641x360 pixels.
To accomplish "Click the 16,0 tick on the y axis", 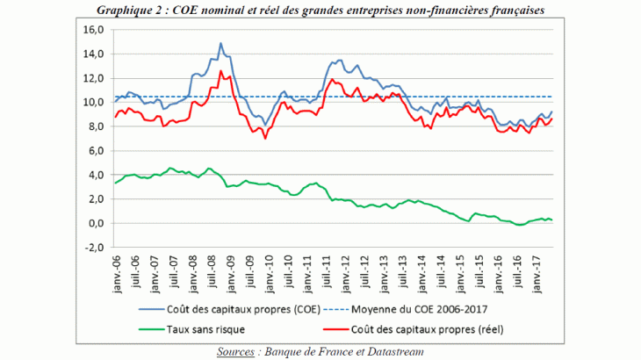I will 93,29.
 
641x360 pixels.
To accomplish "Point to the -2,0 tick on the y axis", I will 94,248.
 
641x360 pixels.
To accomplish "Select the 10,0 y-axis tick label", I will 93,102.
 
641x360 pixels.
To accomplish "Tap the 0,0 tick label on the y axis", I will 95,223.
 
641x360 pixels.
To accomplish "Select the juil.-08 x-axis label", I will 213,273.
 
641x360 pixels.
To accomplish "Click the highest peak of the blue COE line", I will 220,43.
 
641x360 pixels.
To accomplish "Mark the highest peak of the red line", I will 220,71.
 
